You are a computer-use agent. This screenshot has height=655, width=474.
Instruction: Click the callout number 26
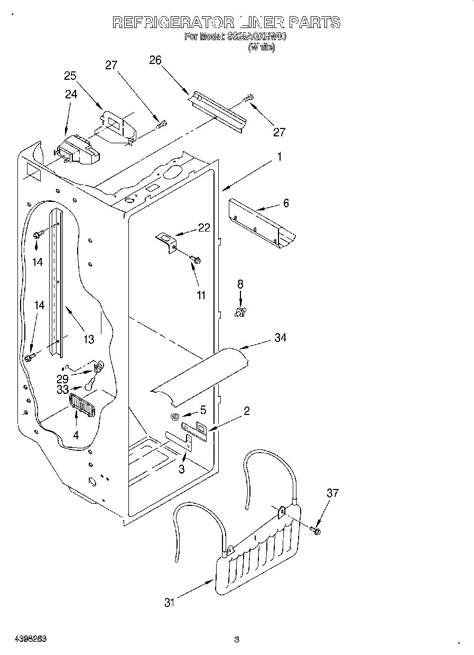click(x=155, y=60)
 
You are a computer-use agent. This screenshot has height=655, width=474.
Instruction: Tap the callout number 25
click(x=71, y=76)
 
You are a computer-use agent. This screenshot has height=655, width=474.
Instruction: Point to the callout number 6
click(x=286, y=203)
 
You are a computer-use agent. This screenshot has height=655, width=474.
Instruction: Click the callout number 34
click(x=280, y=337)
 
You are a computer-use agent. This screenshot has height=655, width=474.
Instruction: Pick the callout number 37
click(x=332, y=493)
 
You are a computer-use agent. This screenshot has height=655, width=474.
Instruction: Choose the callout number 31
click(x=169, y=602)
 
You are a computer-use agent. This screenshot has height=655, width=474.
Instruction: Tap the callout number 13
click(x=89, y=339)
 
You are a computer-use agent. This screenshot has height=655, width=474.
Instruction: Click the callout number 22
click(x=203, y=228)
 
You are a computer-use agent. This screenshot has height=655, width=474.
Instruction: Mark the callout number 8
click(x=240, y=284)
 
